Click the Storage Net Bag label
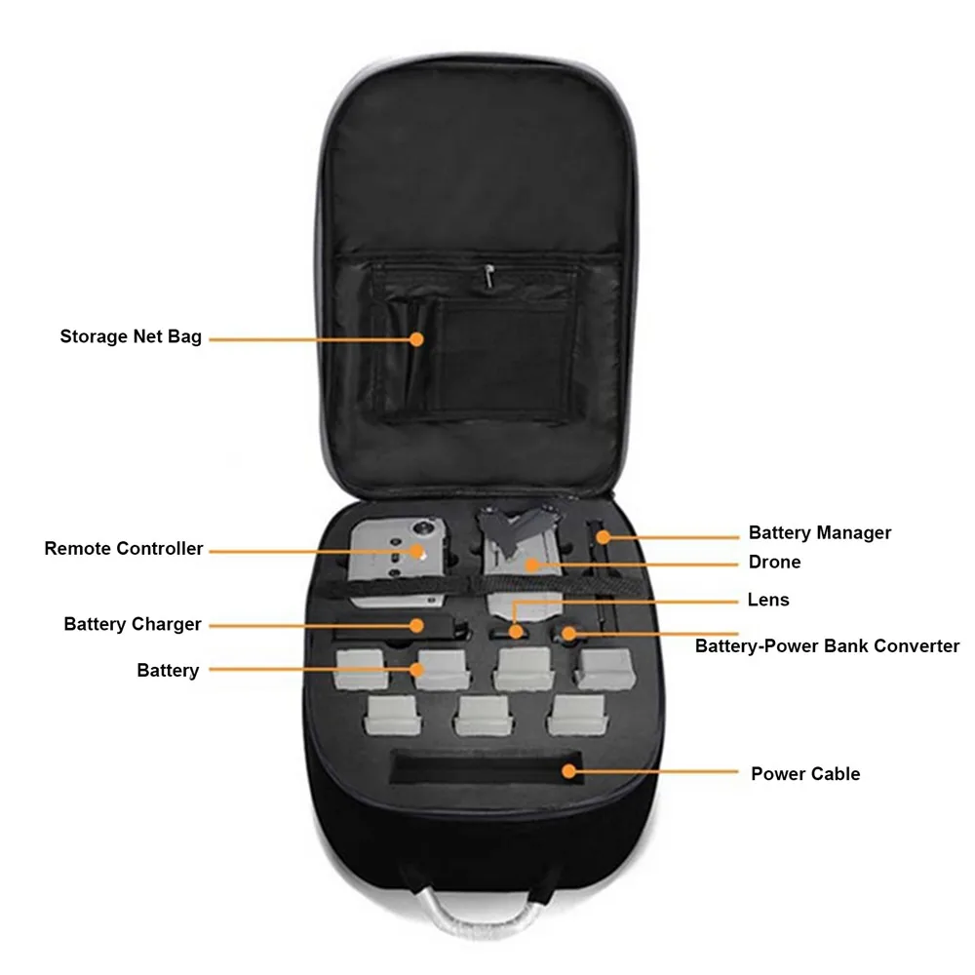pyautogui.click(x=131, y=337)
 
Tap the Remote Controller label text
pyautogui.click(x=124, y=549)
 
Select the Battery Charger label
pyautogui.click(x=133, y=624)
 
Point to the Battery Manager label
pyautogui.click(x=819, y=533)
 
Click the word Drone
pyautogui.click(x=774, y=563)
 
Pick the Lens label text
pyautogui.click(x=768, y=601)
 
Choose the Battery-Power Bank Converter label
pyautogui.click(x=827, y=646)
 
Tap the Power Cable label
pyautogui.click(x=805, y=774)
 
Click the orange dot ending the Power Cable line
pyautogui.click(x=567, y=771)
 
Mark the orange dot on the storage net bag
pyautogui.click(x=416, y=339)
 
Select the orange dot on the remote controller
pyautogui.click(x=417, y=551)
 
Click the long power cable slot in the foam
pyautogui.click(x=485, y=768)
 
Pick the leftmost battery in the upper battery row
pyautogui.click(x=360, y=672)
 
